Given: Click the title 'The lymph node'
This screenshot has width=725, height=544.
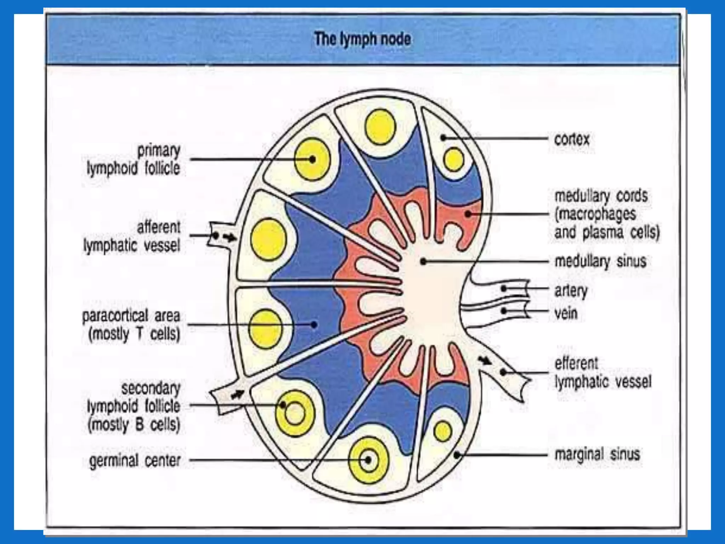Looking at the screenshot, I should [x=362, y=39].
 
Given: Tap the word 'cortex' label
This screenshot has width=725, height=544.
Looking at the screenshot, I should [x=572, y=139].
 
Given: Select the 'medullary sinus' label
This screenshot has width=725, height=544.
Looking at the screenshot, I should [x=600, y=261].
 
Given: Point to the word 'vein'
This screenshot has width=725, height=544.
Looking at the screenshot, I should [x=566, y=313].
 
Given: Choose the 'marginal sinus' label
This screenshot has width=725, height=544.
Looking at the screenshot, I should [x=597, y=454].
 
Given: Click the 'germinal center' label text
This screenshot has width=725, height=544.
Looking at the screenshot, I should [x=135, y=461].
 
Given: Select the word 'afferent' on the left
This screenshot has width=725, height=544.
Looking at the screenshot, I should [x=159, y=227].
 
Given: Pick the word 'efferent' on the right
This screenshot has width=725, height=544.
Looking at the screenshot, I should [x=576, y=363].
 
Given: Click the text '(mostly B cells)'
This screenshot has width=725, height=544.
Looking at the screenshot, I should [x=134, y=424].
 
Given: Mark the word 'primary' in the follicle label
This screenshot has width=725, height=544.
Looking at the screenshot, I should [x=159, y=151].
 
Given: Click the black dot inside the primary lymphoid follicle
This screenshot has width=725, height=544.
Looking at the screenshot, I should [x=312, y=159].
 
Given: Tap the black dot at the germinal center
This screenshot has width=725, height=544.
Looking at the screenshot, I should [x=368, y=460].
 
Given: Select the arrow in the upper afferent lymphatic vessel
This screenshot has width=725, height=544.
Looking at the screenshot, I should [x=230, y=238].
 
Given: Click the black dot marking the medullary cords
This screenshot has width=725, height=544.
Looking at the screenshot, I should [x=468, y=214].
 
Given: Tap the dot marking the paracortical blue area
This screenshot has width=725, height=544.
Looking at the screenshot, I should [x=314, y=324].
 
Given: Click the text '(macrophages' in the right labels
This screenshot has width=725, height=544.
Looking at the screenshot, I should [x=595, y=214].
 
